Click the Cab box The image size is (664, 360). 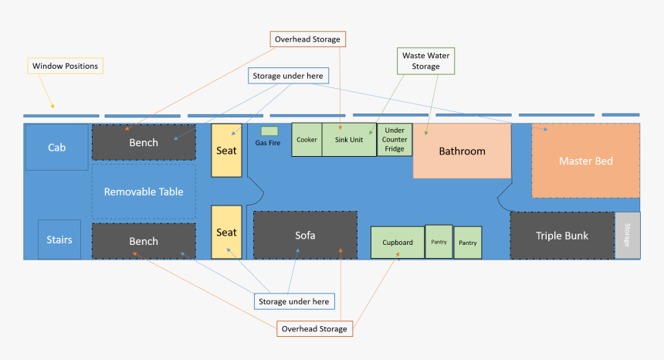(56, 147)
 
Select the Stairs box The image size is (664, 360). (59, 239)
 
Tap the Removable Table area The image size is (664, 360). (144, 191)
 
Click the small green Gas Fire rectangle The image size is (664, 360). (269, 131)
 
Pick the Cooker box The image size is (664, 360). (307, 140)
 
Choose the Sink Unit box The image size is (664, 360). (348, 140)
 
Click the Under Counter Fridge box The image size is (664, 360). (395, 140)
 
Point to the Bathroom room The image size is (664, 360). (462, 151)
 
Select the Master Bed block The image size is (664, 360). (585, 161)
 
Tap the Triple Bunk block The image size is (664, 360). (561, 236)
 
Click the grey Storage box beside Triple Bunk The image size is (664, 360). (627, 236)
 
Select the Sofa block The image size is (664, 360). (305, 235)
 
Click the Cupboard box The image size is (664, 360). (398, 243)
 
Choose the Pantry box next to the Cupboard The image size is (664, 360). (439, 243)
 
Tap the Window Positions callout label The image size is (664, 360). (65, 66)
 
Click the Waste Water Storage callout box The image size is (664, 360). (425, 61)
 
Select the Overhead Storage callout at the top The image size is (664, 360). (307, 39)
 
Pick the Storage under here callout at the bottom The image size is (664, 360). (293, 301)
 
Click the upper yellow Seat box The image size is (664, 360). (226, 150)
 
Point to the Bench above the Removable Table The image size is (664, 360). (144, 142)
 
